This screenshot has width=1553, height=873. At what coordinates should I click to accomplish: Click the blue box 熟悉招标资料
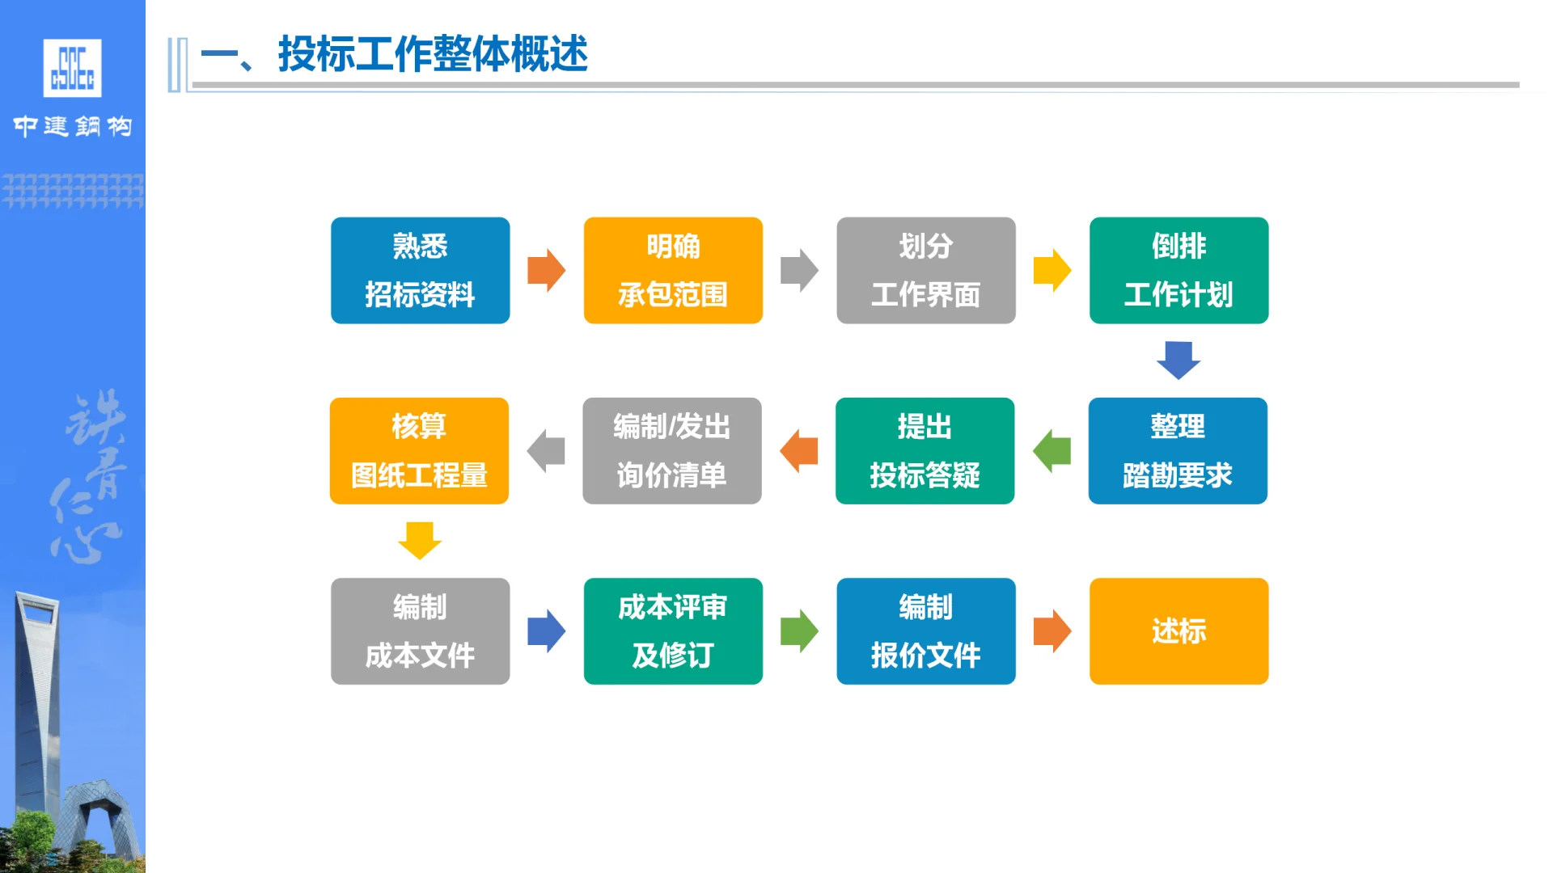(420, 270)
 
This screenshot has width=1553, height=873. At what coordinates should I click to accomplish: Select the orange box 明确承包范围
(673, 270)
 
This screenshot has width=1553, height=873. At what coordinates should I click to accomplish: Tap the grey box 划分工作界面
(925, 270)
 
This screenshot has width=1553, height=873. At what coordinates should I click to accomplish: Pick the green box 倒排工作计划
(1179, 270)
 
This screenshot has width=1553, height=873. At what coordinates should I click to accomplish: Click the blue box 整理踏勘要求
(1178, 450)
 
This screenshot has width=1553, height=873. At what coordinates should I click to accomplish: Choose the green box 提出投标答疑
(925, 450)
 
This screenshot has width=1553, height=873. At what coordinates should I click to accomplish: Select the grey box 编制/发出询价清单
(671, 450)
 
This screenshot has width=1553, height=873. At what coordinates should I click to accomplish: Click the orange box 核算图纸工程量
(419, 450)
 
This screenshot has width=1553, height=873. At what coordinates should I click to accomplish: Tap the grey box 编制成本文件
(420, 630)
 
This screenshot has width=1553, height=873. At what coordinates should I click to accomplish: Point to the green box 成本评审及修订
(673, 630)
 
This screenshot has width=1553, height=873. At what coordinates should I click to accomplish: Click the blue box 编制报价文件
(925, 630)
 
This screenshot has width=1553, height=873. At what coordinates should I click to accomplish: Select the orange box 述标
(1179, 630)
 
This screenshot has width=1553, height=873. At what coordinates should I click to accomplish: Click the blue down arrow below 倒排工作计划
(1179, 360)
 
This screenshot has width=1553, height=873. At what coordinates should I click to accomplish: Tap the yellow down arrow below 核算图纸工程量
(419, 540)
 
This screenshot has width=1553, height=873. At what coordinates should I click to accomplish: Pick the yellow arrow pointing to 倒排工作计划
(1052, 270)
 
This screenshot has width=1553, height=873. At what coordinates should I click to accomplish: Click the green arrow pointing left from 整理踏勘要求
(1052, 450)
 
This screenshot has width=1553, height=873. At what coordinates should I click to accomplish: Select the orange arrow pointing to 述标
(1052, 630)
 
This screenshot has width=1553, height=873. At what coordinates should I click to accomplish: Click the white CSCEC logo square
(72, 68)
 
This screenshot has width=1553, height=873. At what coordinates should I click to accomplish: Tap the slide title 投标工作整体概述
(433, 55)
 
